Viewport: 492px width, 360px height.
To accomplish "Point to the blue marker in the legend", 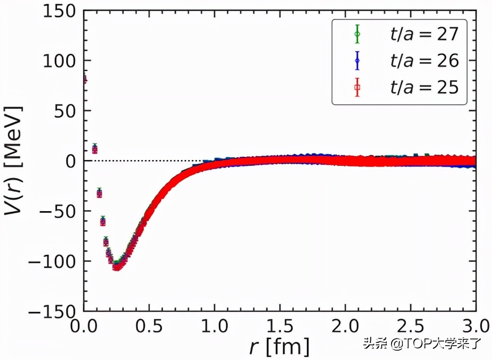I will (357, 61).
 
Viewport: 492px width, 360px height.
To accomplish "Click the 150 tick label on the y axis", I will (60, 11).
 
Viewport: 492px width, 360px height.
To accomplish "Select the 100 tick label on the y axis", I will (60, 61).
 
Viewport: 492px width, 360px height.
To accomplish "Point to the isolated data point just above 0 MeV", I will (95, 149).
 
